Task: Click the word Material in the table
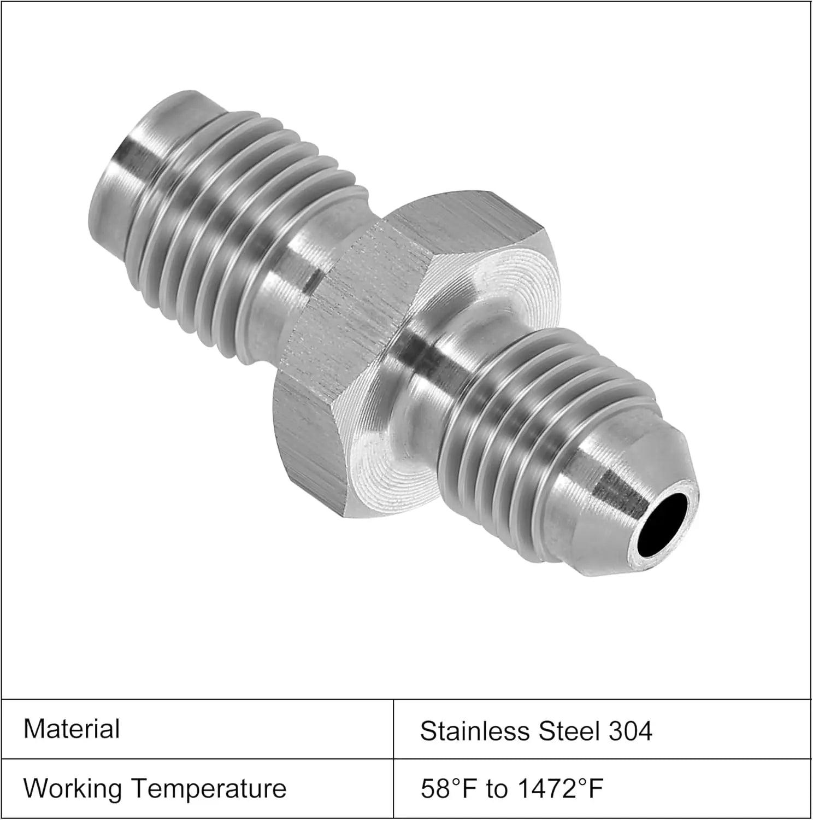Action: (72, 729)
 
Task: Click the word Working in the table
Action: (73, 789)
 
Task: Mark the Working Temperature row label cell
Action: (197, 789)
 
